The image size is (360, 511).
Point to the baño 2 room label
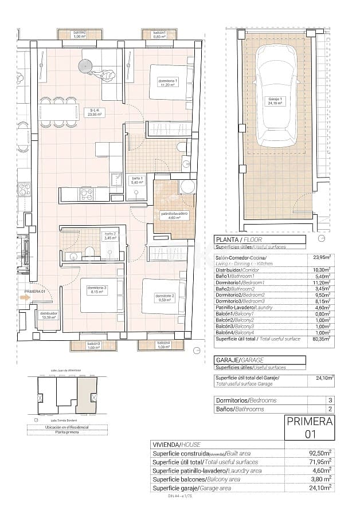coord(109,237)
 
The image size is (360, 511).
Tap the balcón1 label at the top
coord(159,35)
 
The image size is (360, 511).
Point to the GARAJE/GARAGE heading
coord(239,360)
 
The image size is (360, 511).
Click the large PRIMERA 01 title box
coord(310,428)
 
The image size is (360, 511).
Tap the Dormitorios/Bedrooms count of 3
coord(329,400)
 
